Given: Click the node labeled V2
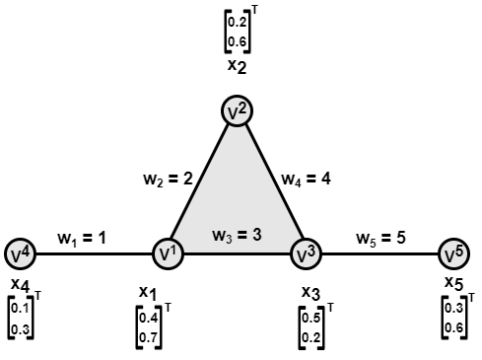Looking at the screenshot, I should pyautogui.click(x=237, y=111).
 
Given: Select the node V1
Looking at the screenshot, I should pyautogui.click(x=167, y=254).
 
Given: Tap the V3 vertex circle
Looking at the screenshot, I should pyautogui.click(x=307, y=254).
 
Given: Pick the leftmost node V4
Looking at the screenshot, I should pyautogui.click(x=21, y=254).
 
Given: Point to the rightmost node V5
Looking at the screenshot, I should pyautogui.click(x=452, y=254).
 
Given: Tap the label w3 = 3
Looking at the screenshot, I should pyautogui.click(x=237, y=237).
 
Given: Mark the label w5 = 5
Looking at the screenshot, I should pyautogui.click(x=381, y=238).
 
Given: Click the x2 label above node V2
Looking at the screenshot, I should pyautogui.click(x=237, y=66).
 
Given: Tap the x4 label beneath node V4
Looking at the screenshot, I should pyautogui.click(x=19, y=285).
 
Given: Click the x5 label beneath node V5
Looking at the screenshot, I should pyautogui.click(x=453, y=284).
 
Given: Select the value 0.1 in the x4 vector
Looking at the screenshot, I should pyautogui.click(x=20, y=309).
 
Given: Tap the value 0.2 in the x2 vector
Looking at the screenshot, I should pyautogui.click(x=237, y=22).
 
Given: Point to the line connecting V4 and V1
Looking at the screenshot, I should pyautogui.click(x=94, y=254).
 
